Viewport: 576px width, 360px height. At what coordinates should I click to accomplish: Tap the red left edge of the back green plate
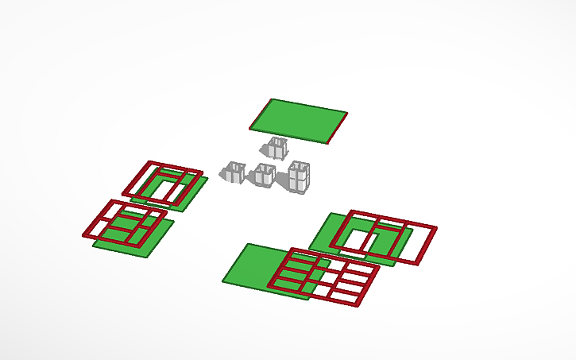pyautogui.click(x=261, y=114)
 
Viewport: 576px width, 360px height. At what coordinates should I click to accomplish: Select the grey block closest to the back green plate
pyautogui.click(x=276, y=147)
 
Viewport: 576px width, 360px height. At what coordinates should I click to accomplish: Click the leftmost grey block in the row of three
pyautogui.click(x=234, y=172)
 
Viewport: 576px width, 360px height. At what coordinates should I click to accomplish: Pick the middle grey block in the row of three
pyautogui.click(x=263, y=175)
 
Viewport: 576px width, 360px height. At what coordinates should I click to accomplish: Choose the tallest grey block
pyautogui.click(x=299, y=176)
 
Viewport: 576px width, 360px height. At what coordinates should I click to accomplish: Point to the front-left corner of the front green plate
pyautogui.click(x=224, y=281)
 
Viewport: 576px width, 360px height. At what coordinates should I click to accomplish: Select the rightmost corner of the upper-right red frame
pyautogui.click(x=435, y=229)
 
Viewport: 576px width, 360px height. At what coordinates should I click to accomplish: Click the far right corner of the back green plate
pyautogui.click(x=347, y=113)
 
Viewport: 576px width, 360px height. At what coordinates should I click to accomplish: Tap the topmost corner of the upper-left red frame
pyautogui.click(x=148, y=161)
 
